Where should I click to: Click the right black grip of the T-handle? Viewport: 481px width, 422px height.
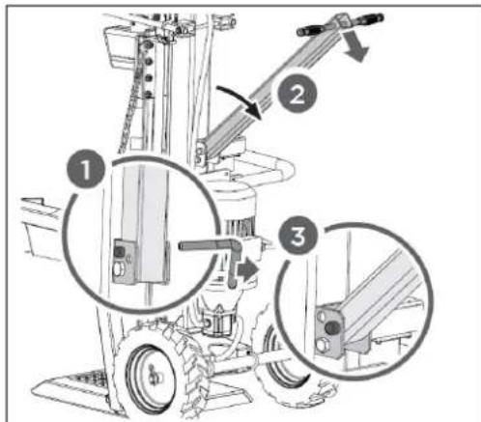pyautogui.click(x=364, y=17)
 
